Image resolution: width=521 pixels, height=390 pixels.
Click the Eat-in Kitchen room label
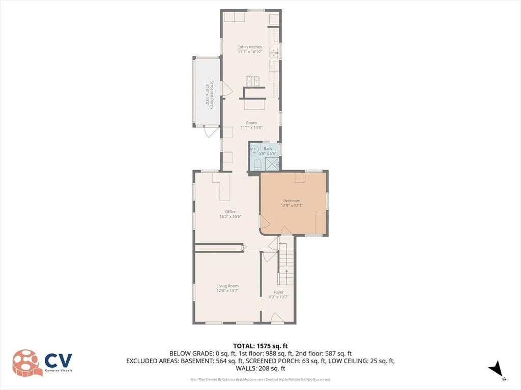click(250, 47)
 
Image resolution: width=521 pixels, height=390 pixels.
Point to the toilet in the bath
click(257, 164)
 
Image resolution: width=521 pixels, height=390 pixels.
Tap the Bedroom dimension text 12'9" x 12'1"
click(292, 206)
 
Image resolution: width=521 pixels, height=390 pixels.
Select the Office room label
click(230, 212)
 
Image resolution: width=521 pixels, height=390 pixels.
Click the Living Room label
click(227, 286)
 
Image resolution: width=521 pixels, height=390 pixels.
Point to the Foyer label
click(278, 292)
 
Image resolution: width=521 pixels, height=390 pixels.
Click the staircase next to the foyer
click(286, 264)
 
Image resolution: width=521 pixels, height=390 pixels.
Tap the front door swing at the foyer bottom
click(277, 318)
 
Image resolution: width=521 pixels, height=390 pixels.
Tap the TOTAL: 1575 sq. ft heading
click(260, 346)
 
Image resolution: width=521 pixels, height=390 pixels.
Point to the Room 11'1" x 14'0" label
click(251, 125)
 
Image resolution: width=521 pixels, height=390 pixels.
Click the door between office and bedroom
click(264, 222)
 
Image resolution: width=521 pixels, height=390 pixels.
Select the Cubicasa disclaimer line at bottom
click(260, 379)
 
